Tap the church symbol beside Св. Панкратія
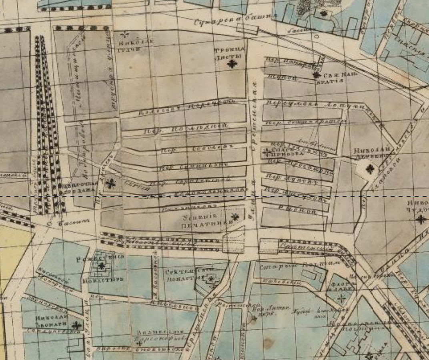pos(317,75)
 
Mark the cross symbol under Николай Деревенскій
pos(370,169)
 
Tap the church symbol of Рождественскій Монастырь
pos(102,265)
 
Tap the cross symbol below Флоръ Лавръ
pos(341,298)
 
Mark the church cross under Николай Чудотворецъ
pos(420,219)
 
